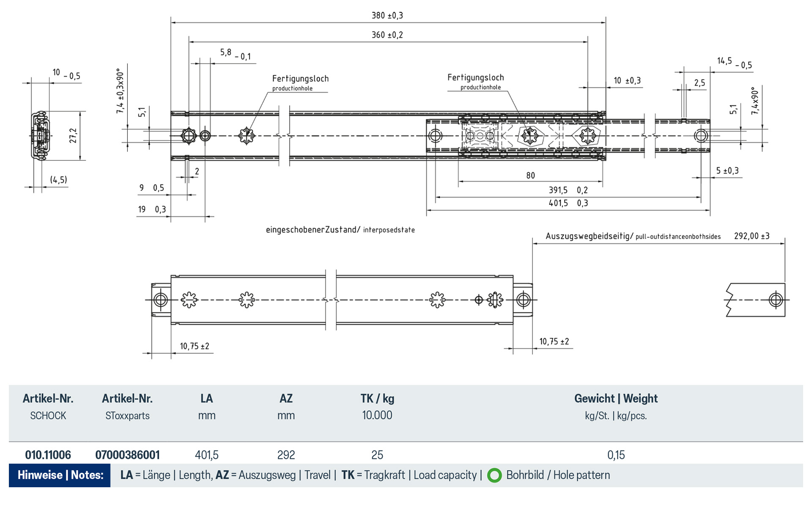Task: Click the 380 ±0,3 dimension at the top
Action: [387, 16]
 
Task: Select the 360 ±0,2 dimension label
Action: [387, 35]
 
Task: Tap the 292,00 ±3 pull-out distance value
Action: [752, 236]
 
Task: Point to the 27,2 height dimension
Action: [73, 135]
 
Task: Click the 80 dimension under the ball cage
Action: [530, 175]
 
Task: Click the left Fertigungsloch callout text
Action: [300, 79]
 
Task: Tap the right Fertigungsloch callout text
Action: [475, 77]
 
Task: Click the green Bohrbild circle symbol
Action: [494, 475]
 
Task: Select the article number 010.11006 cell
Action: [48, 455]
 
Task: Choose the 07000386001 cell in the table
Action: [127, 455]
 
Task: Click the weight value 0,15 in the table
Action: [616, 455]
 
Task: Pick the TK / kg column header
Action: [377, 398]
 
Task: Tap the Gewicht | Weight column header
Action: [616, 398]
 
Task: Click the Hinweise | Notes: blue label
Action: [60, 475]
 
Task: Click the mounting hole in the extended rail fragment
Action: [776, 300]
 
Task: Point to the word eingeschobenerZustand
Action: [312, 230]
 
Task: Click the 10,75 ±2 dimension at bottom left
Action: [194, 346]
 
